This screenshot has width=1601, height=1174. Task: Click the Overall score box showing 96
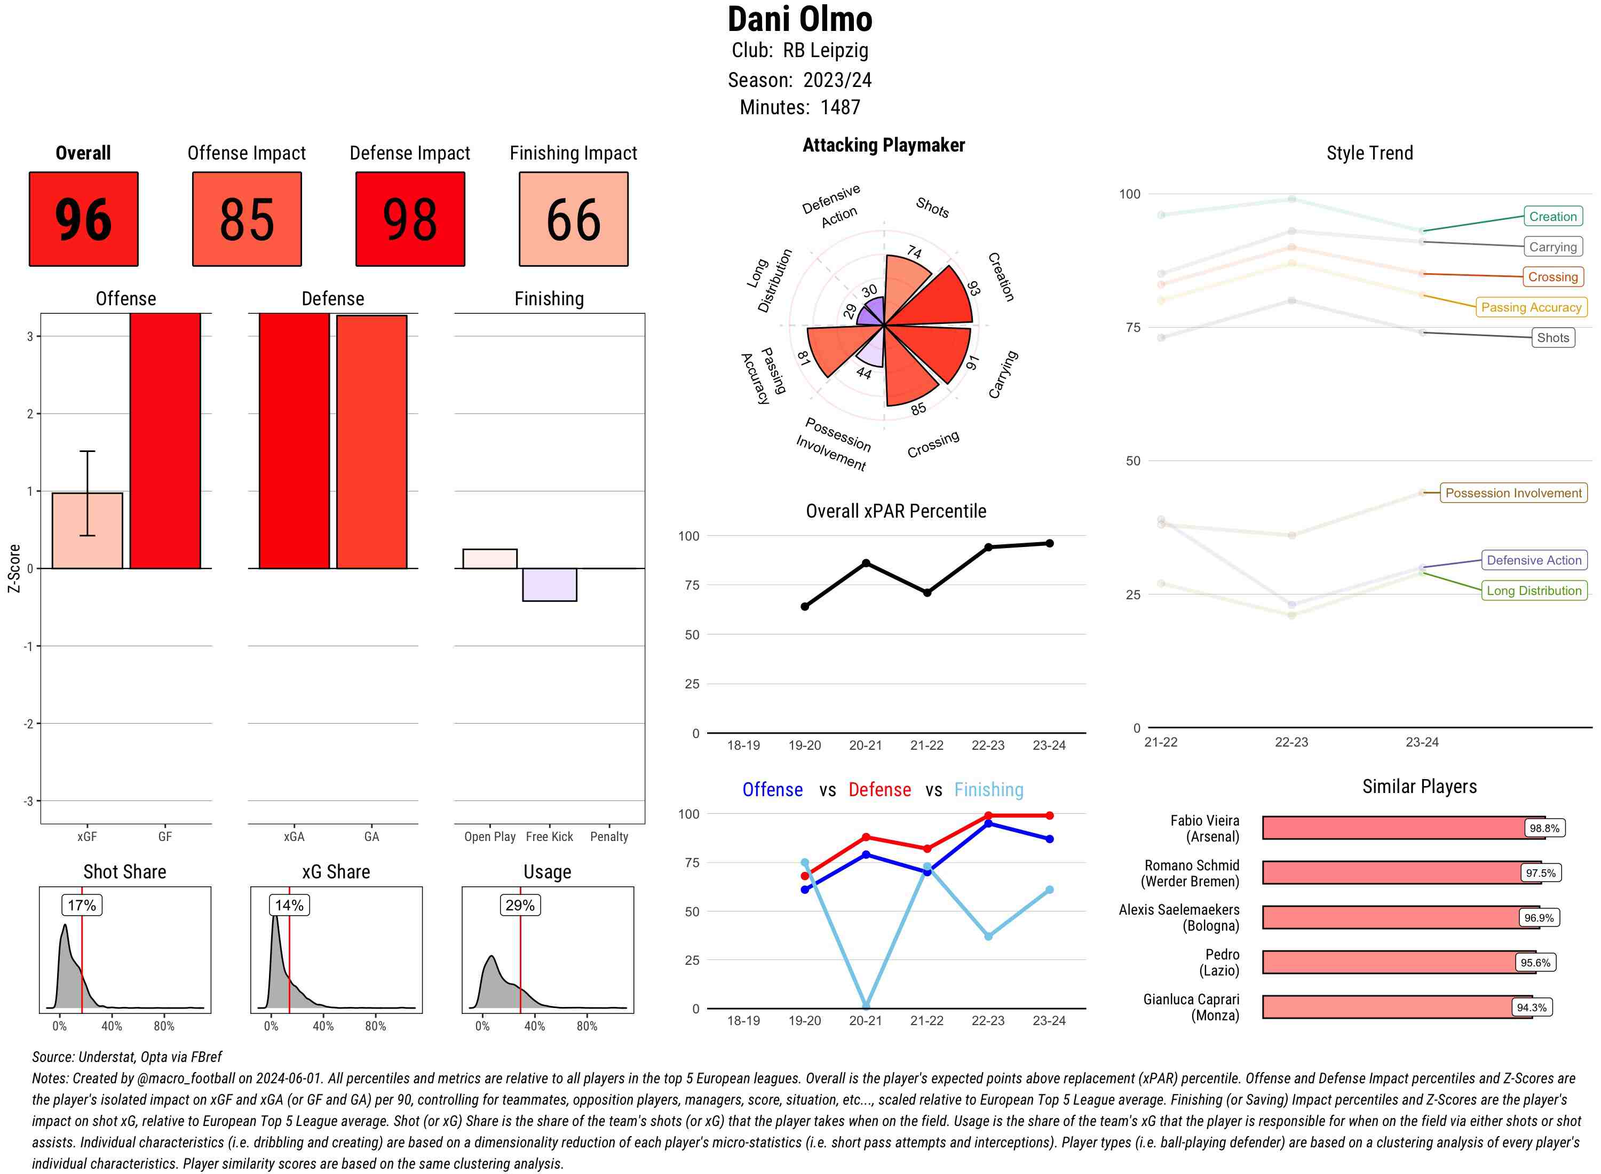click(83, 219)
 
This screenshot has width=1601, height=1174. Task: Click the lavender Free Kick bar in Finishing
click(549, 584)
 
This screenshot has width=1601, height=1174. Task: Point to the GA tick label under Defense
click(371, 836)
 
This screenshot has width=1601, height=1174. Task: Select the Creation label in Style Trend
click(1552, 217)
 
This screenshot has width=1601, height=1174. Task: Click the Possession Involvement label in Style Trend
click(1513, 493)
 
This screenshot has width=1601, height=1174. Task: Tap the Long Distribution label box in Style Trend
click(1534, 591)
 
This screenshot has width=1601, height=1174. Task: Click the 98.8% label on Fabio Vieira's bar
click(1543, 828)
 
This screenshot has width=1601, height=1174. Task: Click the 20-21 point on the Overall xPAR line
click(866, 563)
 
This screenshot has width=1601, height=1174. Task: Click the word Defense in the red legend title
click(879, 790)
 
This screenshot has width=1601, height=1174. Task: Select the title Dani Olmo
click(799, 19)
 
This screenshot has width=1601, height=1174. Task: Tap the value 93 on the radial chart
click(973, 288)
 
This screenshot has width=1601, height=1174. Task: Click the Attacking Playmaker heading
click(883, 145)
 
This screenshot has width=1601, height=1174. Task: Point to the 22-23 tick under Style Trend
click(1290, 742)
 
